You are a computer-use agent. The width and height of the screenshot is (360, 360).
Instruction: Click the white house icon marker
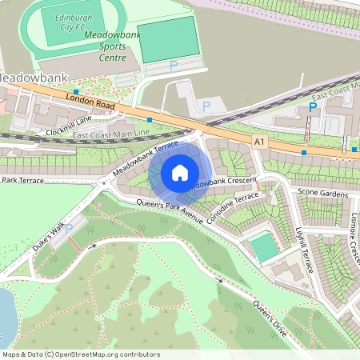pos(180,172)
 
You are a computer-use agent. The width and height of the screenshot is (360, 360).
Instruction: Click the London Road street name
pos(89,101)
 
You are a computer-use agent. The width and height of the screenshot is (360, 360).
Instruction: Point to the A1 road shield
pos(258,142)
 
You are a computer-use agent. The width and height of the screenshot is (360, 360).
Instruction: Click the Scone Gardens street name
pos(322,194)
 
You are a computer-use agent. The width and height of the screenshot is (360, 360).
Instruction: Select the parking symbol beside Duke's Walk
pos(68,229)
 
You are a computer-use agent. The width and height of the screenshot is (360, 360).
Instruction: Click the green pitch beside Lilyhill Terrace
pos(265,246)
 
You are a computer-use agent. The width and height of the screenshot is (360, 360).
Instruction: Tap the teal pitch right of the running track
pos(167,37)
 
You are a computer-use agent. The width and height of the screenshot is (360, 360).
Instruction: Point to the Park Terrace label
pos(22,181)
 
